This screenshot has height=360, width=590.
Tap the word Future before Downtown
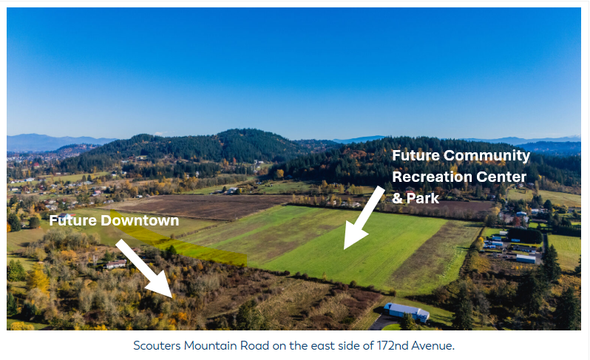click(x=73, y=221)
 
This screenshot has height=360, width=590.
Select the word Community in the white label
click(x=487, y=156)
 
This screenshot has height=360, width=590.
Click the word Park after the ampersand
click(x=423, y=198)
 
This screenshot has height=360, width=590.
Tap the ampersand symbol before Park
click(x=397, y=199)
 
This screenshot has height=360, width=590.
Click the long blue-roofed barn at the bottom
click(x=407, y=312)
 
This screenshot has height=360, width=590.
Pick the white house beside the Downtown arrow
click(x=116, y=264)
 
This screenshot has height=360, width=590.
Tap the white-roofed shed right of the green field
click(x=526, y=259)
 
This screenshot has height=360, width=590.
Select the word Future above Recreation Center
click(x=416, y=156)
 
